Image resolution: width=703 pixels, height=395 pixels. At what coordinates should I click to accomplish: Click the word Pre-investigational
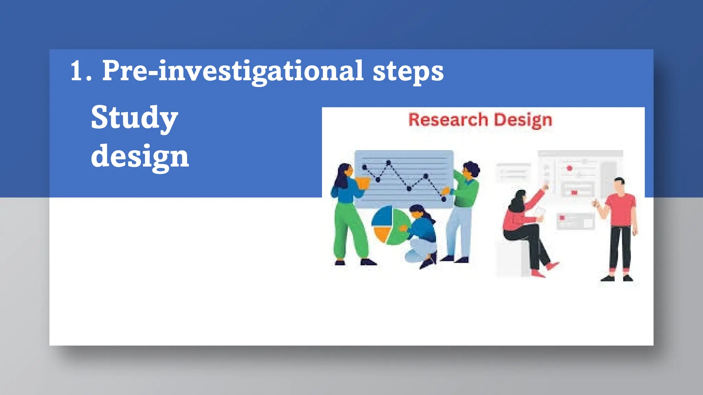(233, 71)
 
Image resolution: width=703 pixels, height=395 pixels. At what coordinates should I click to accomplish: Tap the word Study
(134, 118)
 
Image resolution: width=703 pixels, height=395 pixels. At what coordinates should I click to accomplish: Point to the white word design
(140, 156)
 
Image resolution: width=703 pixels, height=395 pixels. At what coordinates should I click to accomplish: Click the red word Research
(448, 120)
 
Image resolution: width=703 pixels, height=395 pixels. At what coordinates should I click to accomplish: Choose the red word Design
(523, 120)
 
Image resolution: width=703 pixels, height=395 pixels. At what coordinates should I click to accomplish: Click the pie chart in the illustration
(390, 225)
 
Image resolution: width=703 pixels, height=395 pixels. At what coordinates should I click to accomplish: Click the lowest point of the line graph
(443, 199)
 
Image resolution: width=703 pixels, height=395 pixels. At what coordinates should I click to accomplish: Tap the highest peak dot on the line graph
(389, 162)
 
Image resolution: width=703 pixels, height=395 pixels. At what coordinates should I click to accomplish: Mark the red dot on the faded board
(569, 168)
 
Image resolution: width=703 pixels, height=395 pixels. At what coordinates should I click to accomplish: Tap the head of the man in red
(619, 185)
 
